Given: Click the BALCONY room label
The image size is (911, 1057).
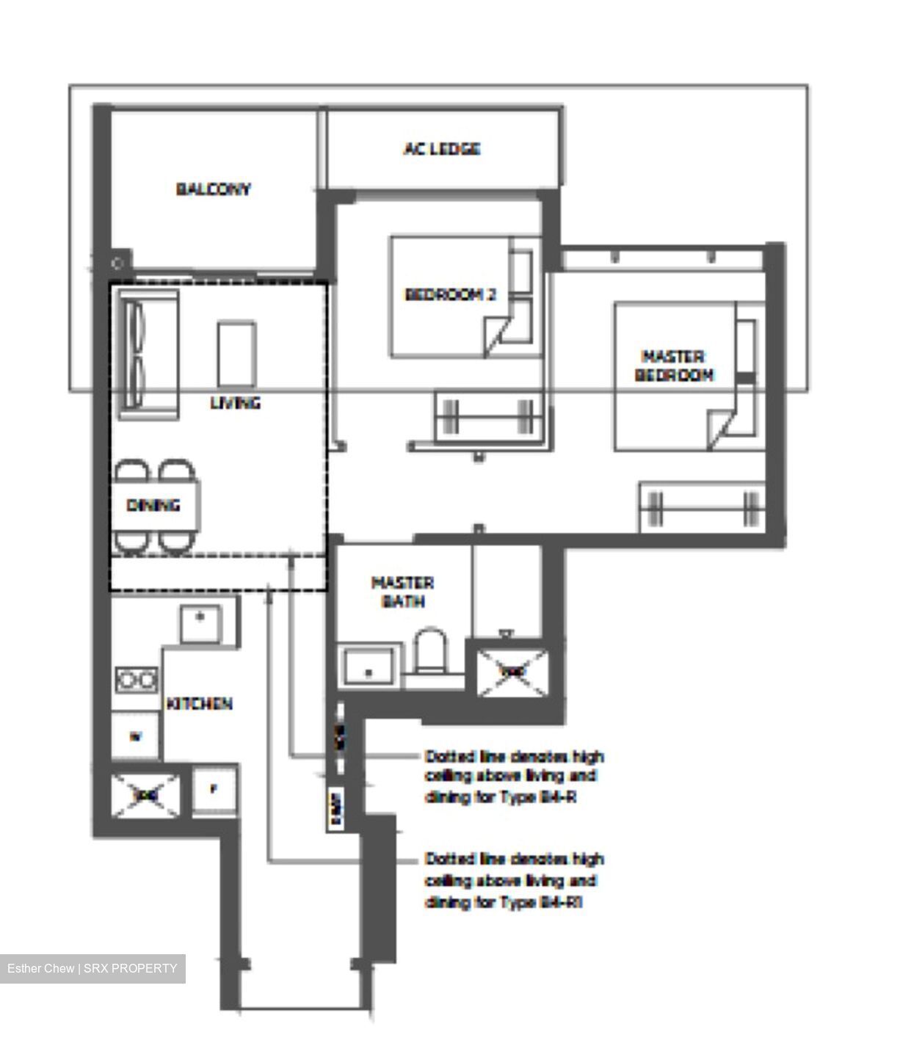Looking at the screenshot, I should [x=213, y=189].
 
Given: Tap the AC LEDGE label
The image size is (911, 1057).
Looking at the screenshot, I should [x=442, y=149].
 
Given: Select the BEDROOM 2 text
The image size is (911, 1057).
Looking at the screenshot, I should [x=450, y=294].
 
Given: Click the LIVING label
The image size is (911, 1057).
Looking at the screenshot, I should [x=235, y=403].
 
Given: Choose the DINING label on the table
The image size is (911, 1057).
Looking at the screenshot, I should [x=153, y=505].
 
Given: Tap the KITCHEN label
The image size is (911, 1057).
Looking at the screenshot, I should [x=200, y=703].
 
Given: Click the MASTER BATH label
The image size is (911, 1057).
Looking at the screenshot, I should [x=402, y=592].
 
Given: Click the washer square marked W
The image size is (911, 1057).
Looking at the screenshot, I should [x=135, y=735].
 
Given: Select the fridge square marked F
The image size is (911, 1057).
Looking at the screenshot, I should [x=214, y=790].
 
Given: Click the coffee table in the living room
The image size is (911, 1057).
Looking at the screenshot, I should [x=236, y=355].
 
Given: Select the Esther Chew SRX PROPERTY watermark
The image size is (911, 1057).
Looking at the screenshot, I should [x=92, y=968].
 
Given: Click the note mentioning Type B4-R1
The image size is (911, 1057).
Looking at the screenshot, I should [x=514, y=880].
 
